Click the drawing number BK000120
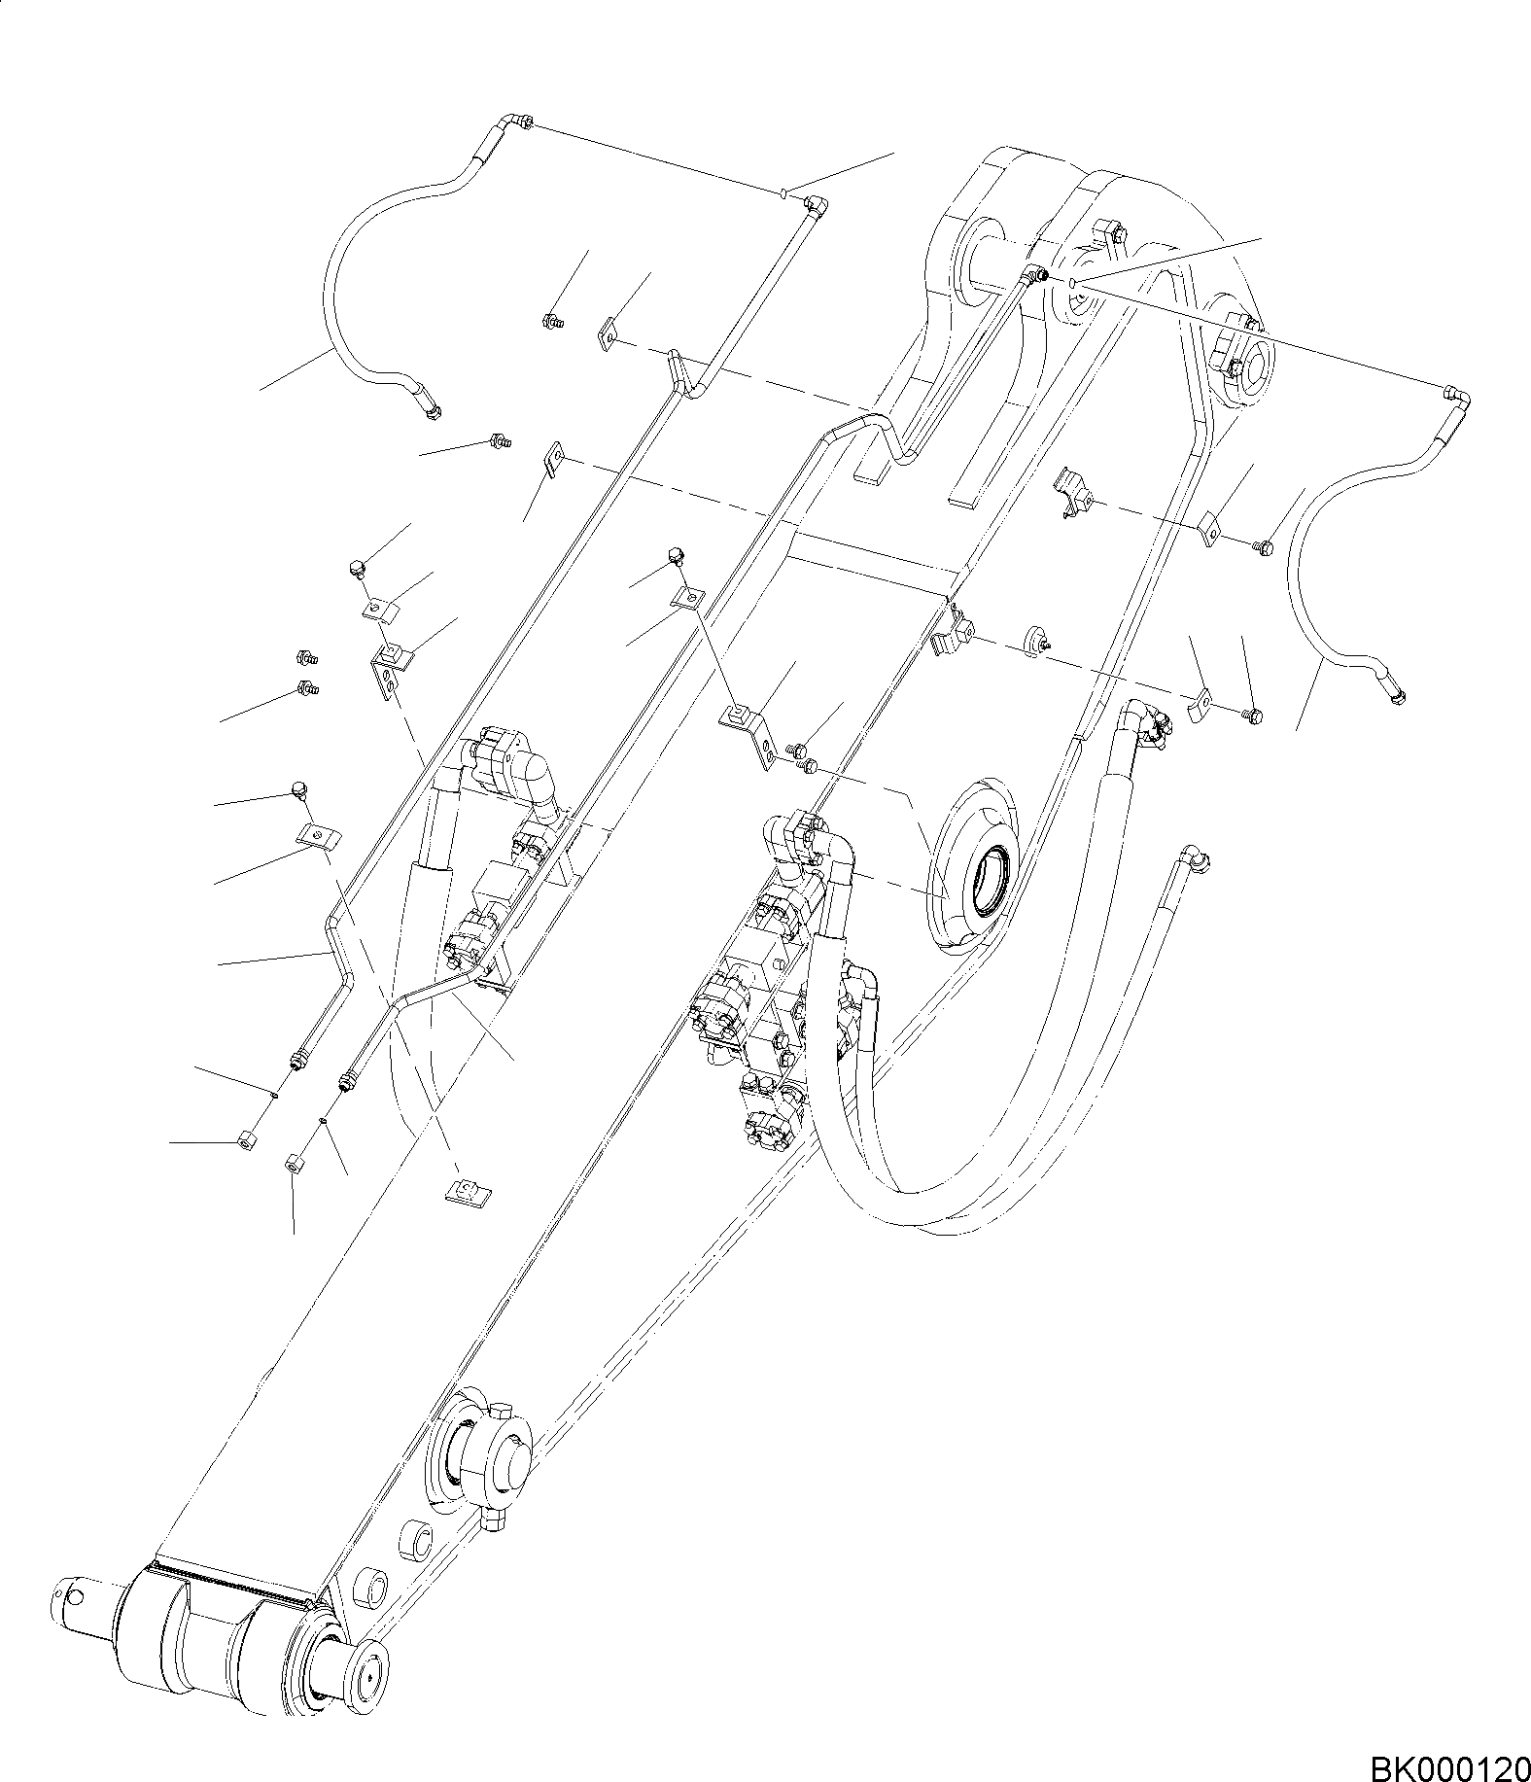[x=1448, y=1762]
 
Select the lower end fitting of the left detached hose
[x=431, y=413]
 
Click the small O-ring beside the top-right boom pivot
[x=1070, y=283]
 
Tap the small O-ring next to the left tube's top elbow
[x=784, y=192]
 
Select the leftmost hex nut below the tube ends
[x=245, y=1139]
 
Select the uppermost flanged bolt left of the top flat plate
[x=550, y=320]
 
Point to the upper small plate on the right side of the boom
[x=1209, y=529]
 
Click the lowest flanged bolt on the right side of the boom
[x=1254, y=716]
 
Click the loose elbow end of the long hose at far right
[x=1193, y=856]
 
